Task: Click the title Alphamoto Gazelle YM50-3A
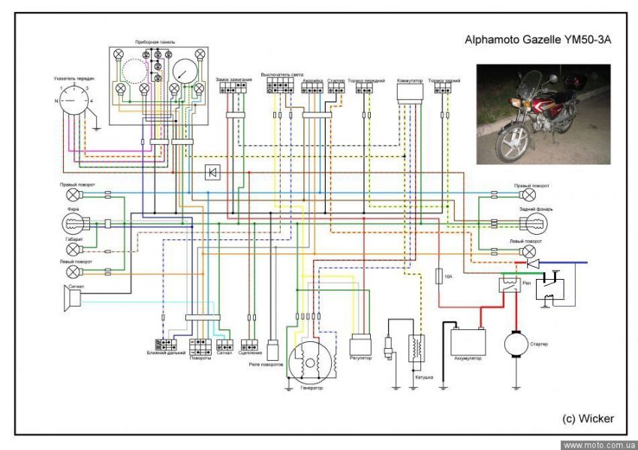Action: pos(538,43)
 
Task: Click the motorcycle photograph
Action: pos(543,113)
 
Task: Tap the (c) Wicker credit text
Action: pos(587,418)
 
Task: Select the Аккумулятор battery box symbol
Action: pos(468,341)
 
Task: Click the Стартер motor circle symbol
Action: pos(516,344)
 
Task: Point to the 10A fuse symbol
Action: pos(439,277)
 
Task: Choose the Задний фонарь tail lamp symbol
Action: pos(534,223)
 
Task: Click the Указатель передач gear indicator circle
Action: pos(74,100)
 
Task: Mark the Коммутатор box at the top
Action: pos(410,91)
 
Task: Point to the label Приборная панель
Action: pos(155,42)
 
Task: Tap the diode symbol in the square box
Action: pos(212,173)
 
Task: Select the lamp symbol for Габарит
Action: pos(74,249)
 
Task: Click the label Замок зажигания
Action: pos(233,78)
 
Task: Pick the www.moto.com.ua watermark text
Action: pos(598,444)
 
